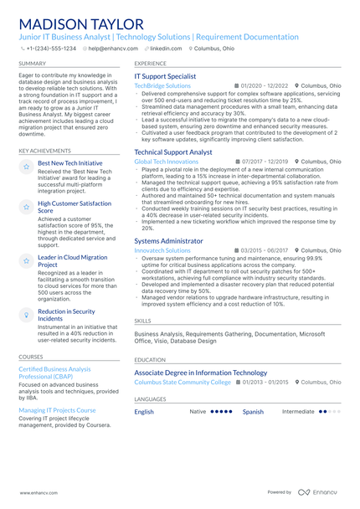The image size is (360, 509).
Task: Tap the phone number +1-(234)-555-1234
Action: click(x=50, y=49)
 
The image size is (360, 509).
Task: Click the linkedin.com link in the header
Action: click(x=165, y=49)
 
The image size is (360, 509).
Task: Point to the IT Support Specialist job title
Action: click(x=165, y=76)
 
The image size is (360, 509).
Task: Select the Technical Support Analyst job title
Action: click(x=173, y=152)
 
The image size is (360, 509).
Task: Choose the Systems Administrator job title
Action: click(x=168, y=240)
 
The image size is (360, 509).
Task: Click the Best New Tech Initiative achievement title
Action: click(x=70, y=163)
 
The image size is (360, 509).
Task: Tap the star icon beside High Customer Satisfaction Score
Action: click(x=27, y=206)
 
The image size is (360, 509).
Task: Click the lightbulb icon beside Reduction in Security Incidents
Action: click(x=27, y=314)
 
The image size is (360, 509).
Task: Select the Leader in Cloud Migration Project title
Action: click(x=73, y=261)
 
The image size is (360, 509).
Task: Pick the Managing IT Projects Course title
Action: click(x=57, y=410)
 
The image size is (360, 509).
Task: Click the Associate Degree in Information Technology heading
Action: click(x=200, y=373)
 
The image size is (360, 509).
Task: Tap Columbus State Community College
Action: click(x=182, y=382)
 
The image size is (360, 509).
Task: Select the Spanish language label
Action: click(x=253, y=412)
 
